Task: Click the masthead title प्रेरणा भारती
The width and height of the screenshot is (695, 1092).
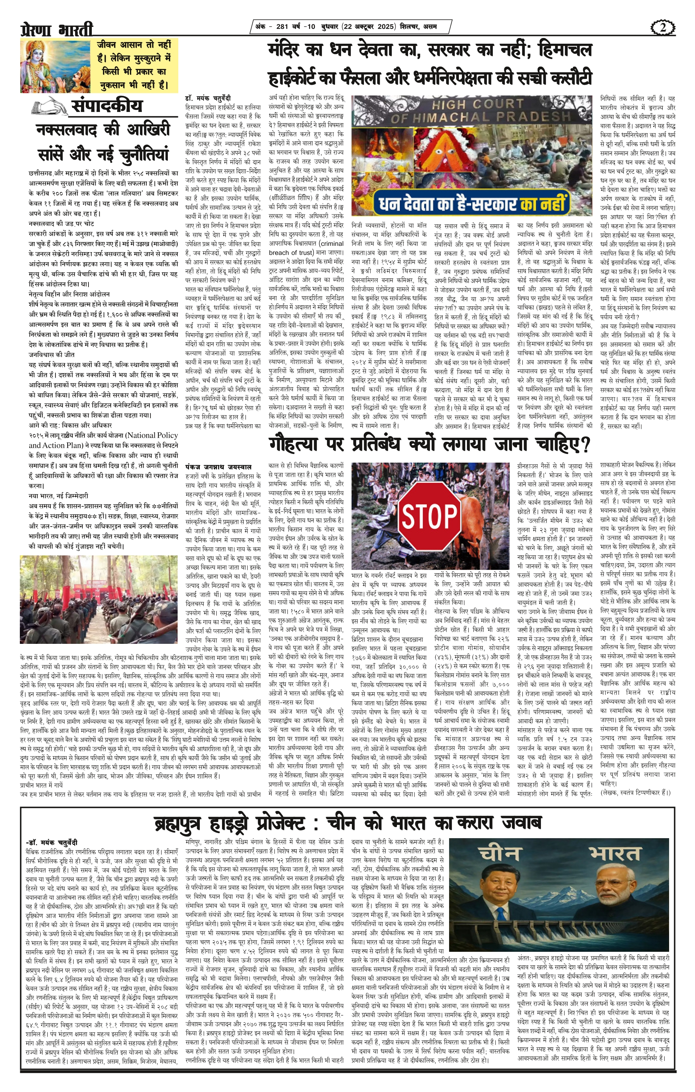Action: tap(57, 30)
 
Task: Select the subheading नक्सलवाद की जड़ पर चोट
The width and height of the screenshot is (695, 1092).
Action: tap(62, 224)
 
